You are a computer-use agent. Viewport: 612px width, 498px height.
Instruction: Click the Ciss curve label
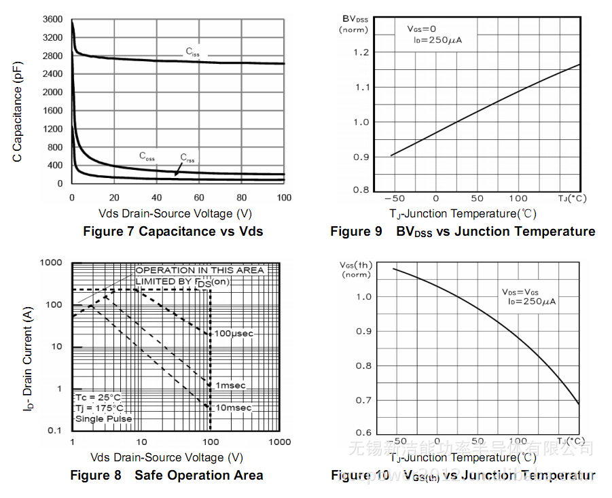[193, 52]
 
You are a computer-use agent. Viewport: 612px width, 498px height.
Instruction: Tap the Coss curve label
[147, 156]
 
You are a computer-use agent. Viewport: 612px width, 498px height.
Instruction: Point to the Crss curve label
[187, 158]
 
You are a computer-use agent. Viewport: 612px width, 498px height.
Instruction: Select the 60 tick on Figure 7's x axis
[199, 198]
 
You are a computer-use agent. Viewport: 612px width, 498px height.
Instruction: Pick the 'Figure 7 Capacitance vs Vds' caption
[173, 232]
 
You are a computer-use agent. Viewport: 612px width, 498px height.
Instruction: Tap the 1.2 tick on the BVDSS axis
[361, 52]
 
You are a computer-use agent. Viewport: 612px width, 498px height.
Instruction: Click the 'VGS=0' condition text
[422, 29]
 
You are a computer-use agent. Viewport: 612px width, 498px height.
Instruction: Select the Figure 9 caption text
[463, 232]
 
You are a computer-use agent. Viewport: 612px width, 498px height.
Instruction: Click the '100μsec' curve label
[234, 334]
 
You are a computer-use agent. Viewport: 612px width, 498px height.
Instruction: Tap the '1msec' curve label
[230, 385]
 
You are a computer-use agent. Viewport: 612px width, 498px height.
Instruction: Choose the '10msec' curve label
[232, 408]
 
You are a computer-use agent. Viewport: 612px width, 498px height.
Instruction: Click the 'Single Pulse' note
[103, 419]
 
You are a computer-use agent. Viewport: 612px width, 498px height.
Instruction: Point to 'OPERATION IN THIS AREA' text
[200, 270]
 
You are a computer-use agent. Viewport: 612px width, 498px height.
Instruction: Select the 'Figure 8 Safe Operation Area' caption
[166, 476]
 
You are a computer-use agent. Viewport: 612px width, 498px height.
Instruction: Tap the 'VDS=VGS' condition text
[521, 291]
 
